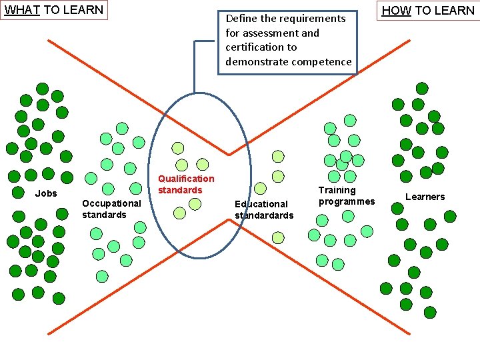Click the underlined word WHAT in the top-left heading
point(22,10)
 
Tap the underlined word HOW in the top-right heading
point(397,11)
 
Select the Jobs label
point(46,194)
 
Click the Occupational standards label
point(111,209)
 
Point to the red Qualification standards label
point(186,184)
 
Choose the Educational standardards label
point(263,209)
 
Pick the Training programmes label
point(347,195)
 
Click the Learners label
point(425,197)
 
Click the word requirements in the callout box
point(313,19)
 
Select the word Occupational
point(111,203)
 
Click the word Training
point(337,190)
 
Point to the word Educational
point(261,204)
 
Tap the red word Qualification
point(186,179)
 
